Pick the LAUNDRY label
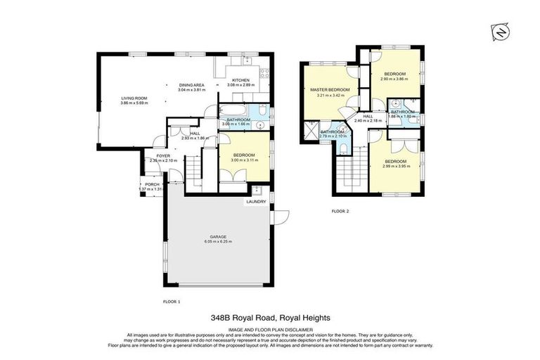255,202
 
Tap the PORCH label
151,184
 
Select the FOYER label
163,155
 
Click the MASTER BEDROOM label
328,90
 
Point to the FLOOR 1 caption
172,301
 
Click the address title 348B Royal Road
269,317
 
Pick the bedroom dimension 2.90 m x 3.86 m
394,79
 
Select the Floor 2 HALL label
367,115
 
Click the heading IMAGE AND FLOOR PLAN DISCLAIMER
269,328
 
